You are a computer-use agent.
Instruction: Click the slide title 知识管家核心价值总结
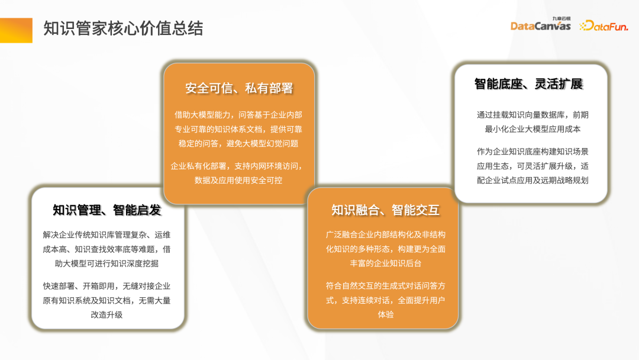[123, 28]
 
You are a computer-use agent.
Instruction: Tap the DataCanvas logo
[540, 25]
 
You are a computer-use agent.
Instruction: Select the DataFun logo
[603, 25]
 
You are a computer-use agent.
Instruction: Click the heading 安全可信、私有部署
[239, 88]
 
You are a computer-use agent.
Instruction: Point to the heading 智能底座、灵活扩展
[528, 83]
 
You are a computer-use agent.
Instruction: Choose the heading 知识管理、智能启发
[106, 210]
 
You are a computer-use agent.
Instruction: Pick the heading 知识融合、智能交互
[385, 210]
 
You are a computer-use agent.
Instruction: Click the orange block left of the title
[16, 30]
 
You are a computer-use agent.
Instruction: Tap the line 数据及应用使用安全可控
[238, 180]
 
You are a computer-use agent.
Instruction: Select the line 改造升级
[106, 314]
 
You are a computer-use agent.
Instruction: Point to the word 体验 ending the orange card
[385, 314]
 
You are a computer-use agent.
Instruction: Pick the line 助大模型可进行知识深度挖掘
[106, 263]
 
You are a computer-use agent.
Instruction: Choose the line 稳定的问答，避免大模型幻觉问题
[238, 143]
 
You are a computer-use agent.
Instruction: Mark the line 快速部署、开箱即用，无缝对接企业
[106, 286]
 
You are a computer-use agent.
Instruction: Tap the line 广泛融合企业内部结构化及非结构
[385, 234]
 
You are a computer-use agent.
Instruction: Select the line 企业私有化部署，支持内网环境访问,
[238, 166]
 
